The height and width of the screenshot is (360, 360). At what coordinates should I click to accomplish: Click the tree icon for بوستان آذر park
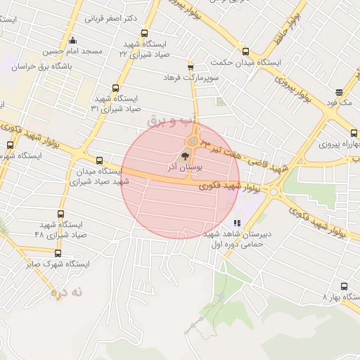tap(185, 156)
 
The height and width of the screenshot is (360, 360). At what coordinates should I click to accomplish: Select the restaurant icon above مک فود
tap(340, 92)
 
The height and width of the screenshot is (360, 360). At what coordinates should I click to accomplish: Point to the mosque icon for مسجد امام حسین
tap(73, 40)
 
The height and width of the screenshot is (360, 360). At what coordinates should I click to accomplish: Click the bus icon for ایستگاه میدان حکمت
tap(245, 51)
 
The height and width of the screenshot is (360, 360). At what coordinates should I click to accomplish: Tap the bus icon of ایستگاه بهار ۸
tap(343, 286)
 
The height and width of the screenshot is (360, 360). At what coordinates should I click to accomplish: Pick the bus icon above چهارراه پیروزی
tap(353, 132)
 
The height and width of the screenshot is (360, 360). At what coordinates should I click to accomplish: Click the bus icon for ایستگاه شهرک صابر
tap(58, 253)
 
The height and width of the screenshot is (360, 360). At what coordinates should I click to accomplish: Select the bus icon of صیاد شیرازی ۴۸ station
tap(60, 214)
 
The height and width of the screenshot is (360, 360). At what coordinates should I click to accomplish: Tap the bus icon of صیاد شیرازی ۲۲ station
tap(144, 33)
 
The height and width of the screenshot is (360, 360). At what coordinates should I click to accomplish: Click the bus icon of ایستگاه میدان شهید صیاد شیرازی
tap(99, 160)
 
